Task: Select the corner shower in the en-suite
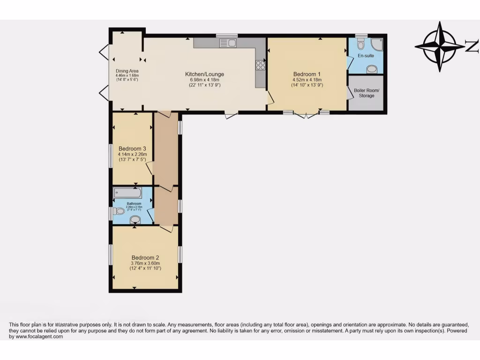pos(376,45)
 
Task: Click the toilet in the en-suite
pos(360,44)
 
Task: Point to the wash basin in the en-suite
pos(372,69)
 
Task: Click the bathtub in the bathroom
pos(127,193)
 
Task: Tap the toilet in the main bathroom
pos(119,211)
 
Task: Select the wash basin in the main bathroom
pos(135,219)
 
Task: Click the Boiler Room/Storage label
pos(367,93)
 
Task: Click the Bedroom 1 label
pos(307,74)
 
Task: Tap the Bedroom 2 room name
pos(145,257)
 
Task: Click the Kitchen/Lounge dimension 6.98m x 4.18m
pos(204,80)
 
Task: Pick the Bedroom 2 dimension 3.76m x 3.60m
pos(145,263)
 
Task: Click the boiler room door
pos(350,93)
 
